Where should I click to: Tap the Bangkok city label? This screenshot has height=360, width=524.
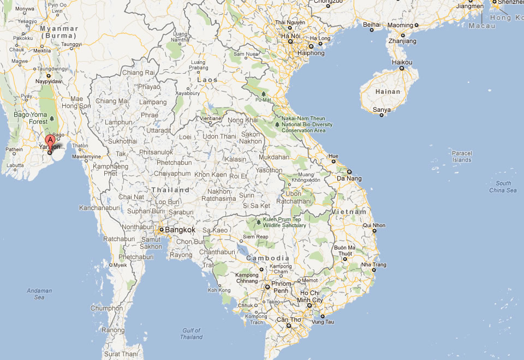tap(180, 230)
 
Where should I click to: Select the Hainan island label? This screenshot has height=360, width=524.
tap(388, 92)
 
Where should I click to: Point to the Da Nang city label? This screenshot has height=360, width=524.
tap(349, 178)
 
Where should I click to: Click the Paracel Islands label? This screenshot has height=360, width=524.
tap(461, 157)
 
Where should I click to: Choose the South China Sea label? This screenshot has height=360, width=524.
tap(503, 187)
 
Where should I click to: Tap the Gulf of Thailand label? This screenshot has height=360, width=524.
tap(192, 334)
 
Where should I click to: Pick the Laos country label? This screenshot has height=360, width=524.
tap(207, 80)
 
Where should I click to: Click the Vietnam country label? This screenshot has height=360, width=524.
tap(349, 212)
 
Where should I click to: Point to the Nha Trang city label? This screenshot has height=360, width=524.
tap(374, 265)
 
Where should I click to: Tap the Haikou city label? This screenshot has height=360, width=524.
tap(402, 62)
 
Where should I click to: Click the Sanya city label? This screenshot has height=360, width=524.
tap(382, 110)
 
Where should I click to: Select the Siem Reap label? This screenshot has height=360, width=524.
tap(255, 236)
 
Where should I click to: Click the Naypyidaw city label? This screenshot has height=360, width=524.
tap(49, 81)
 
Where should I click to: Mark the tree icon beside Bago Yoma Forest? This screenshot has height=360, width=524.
tap(52, 118)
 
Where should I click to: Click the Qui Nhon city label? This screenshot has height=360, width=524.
tap(374, 225)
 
